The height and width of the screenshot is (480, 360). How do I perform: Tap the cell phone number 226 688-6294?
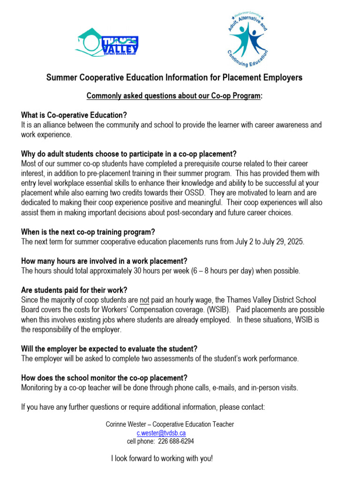click(171, 441)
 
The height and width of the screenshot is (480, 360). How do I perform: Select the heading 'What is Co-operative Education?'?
click(74, 115)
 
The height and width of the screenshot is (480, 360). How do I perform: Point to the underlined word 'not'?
click(145, 300)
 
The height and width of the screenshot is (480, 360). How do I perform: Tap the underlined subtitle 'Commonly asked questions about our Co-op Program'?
click(173, 96)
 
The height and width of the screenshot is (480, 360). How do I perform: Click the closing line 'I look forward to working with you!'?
click(162, 458)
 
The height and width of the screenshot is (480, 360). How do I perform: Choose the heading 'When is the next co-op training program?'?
click(88, 232)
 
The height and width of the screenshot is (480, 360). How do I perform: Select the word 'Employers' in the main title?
click(285, 77)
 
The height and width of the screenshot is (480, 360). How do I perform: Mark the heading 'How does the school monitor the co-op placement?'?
click(105, 378)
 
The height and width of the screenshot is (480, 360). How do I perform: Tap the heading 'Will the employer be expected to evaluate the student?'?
click(109, 349)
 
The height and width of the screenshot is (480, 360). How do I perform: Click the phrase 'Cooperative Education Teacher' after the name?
click(197, 424)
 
